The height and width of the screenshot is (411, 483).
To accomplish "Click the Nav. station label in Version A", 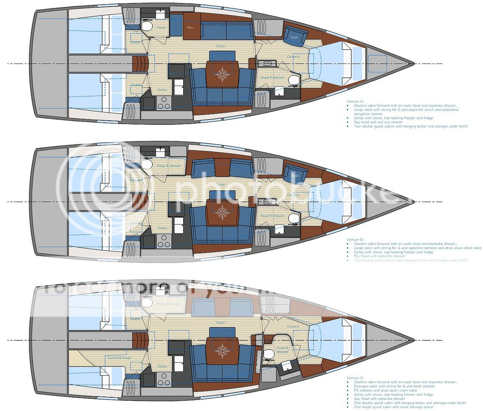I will pyautogui.click(x=190, y=27).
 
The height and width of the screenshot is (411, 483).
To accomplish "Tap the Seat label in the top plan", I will pyautogui.click(x=294, y=37).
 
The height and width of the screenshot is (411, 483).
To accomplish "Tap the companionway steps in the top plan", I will pyautogui.click(x=140, y=63).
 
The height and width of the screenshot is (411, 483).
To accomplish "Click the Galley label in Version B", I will pyautogui.click(x=162, y=228).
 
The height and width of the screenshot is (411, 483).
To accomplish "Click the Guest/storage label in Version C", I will pyautogui.click(x=119, y=358).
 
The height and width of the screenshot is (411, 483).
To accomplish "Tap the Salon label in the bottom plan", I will pyautogui.click(x=220, y=323).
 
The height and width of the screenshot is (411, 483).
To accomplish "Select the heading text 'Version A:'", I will pyautogui.click(x=355, y=101).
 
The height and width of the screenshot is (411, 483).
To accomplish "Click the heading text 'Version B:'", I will pyautogui.click(x=355, y=239).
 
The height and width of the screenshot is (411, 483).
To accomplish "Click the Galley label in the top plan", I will pyautogui.click(x=162, y=90).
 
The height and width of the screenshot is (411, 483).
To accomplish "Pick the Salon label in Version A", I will pyautogui.click(x=220, y=46).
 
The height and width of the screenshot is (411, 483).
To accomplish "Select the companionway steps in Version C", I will pyautogui.click(x=140, y=340).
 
